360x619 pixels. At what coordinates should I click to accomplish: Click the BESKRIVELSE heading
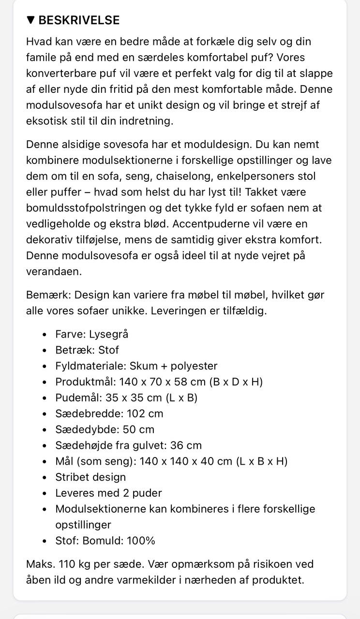pyautogui.click(x=79, y=20)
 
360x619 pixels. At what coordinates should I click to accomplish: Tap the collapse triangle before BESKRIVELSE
pyautogui.click(x=30, y=20)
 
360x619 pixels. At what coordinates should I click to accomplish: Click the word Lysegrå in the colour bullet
pyautogui.click(x=108, y=334)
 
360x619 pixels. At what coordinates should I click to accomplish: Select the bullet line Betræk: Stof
pyautogui.click(x=87, y=350)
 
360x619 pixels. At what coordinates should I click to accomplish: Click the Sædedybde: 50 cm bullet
pyautogui.click(x=105, y=429)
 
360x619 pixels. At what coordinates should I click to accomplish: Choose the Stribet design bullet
pyautogui.click(x=90, y=477)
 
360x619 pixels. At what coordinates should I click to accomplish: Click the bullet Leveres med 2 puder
pyautogui.click(x=108, y=493)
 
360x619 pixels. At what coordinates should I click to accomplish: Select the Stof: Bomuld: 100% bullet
pyautogui.click(x=105, y=541)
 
